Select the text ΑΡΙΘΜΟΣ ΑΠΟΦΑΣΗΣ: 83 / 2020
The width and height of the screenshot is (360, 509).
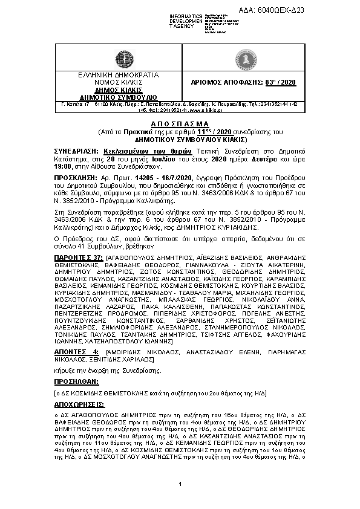coord(264,83)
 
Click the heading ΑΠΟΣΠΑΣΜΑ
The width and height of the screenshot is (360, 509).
coord(180,122)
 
